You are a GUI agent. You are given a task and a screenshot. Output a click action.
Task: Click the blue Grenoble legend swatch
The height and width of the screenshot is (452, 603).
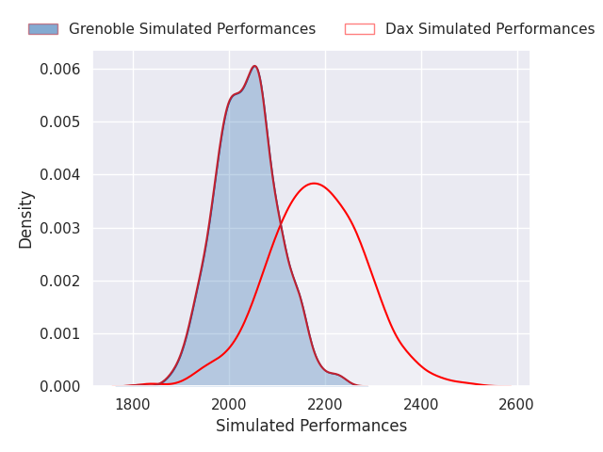coord(43,29)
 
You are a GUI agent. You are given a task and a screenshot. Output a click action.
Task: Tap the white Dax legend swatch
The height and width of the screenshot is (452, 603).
coord(360,29)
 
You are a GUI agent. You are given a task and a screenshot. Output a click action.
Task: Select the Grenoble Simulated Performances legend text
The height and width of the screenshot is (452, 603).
coord(192,29)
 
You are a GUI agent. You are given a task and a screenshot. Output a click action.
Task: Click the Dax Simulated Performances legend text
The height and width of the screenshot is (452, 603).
coord(490,29)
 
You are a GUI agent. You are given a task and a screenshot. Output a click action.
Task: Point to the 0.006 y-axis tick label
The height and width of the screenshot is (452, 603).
coord(60,70)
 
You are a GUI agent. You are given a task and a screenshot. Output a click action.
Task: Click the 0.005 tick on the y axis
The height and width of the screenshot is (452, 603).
coord(60,122)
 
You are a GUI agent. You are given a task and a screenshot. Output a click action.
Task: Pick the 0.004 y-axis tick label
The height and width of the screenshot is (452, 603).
coord(60,175)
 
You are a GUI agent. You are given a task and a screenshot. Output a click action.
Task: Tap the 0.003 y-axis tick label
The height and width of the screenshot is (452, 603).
coord(60,228)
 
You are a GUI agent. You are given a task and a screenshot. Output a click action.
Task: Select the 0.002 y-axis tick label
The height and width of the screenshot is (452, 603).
coord(60,281)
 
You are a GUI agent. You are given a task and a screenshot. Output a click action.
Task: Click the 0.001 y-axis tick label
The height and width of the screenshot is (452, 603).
coord(60,333)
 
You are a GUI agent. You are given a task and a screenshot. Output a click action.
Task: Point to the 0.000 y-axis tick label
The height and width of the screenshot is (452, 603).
coord(60,387)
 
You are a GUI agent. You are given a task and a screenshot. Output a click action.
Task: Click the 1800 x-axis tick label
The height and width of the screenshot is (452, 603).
coord(133,405)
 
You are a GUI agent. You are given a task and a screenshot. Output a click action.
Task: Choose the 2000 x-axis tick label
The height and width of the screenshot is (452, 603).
coord(229,405)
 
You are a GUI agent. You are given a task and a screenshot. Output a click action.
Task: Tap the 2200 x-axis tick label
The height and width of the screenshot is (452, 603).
coord(325,405)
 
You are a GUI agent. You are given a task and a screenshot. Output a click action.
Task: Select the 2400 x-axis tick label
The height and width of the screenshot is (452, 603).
coord(421,405)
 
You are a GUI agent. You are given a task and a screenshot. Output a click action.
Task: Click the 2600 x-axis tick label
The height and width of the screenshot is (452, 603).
coord(516,405)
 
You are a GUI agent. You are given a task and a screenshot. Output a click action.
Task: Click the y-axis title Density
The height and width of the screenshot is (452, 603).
coord(25,219)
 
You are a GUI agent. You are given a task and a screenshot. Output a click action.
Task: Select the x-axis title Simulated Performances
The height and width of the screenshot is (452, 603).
coord(312,426)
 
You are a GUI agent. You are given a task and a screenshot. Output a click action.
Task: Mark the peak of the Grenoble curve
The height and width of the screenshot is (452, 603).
coord(254,66)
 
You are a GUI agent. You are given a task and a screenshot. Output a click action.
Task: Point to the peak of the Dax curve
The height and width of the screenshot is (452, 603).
coord(314,184)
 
